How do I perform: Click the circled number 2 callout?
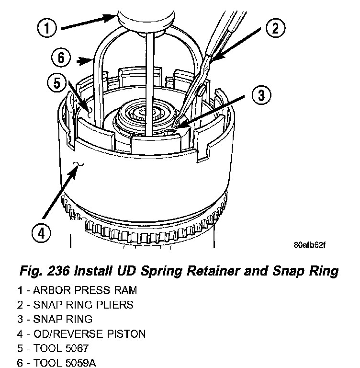[274, 28]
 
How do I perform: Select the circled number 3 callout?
[259, 95]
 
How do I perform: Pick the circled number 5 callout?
[56, 83]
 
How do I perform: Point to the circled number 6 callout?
[61, 58]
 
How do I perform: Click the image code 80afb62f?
[309, 244]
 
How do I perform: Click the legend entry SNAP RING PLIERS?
[83, 305]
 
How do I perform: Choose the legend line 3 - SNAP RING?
[55, 319]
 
